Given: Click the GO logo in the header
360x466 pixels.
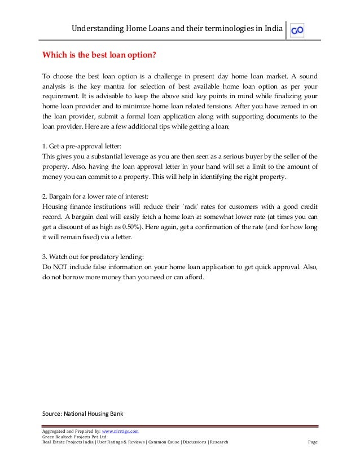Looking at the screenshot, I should [x=297, y=30].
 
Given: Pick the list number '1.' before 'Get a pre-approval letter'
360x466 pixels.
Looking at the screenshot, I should [x=46, y=144].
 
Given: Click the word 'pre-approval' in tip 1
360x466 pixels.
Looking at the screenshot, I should [x=79, y=144].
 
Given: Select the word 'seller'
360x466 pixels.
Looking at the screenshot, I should [x=288, y=155].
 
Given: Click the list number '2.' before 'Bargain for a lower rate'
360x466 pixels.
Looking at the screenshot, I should [x=46, y=196].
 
